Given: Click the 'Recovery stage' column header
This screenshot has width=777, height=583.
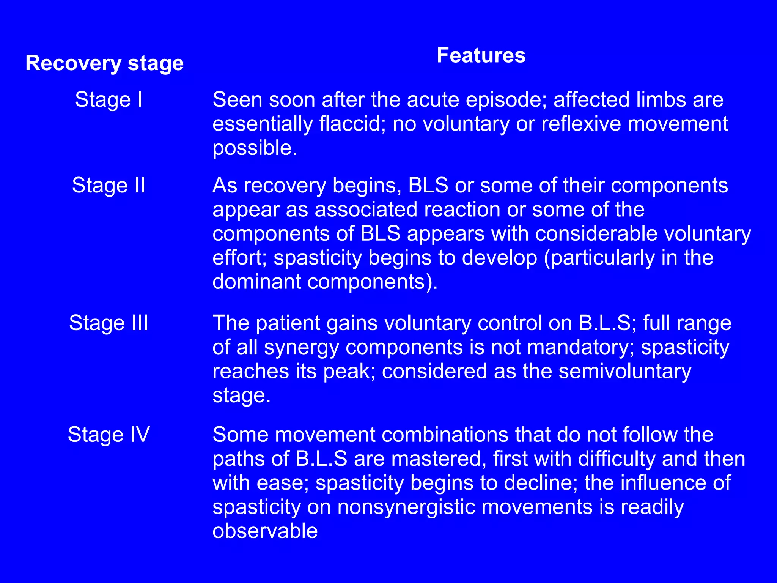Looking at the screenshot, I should click(x=104, y=63).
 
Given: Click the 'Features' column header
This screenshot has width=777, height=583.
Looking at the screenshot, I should click(x=481, y=55).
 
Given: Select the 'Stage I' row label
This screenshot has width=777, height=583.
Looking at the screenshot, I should click(x=109, y=99).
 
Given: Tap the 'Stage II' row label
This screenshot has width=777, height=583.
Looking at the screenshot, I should click(x=109, y=185).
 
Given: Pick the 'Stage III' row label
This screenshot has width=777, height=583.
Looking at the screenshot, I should click(x=109, y=323).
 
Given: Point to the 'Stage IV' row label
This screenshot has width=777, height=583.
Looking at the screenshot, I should click(x=109, y=435).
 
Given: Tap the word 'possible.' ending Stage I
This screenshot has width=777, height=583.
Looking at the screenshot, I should click(x=255, y=148).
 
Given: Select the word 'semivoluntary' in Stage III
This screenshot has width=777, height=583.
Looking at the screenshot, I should click(x=625, y=371).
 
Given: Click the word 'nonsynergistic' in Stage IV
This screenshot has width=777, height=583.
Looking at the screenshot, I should click(x=406, y=507).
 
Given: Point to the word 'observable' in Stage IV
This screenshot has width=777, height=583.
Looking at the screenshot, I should click(x=265, y=531).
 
